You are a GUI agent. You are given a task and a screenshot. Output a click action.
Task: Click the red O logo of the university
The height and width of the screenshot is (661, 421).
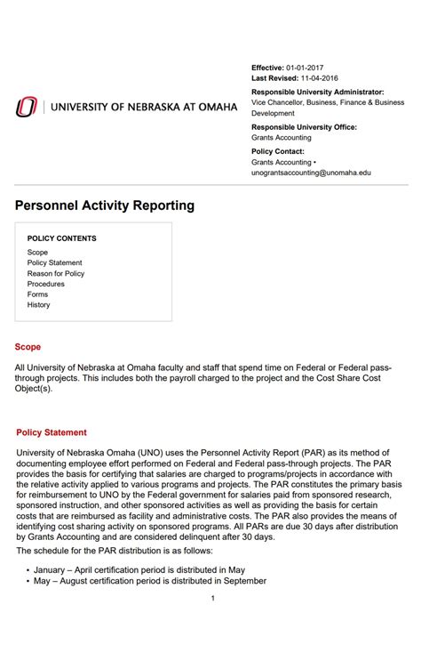pos(27,107)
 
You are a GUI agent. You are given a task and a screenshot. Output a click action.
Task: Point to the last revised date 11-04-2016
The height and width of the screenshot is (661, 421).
pos(324,78)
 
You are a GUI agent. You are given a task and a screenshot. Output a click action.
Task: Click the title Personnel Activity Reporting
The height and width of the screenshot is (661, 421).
pos(105,206)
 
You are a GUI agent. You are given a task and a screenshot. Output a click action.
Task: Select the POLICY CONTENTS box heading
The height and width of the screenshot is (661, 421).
pos(62,238)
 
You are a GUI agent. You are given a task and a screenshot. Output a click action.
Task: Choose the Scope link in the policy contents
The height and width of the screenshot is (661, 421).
pos(37,253)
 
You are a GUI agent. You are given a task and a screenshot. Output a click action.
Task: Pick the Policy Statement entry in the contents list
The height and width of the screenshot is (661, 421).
pos(54,263)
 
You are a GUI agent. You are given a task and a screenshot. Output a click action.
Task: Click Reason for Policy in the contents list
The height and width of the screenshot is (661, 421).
pos(56,274)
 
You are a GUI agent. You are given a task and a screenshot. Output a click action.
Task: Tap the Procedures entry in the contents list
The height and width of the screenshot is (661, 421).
pos(46,284)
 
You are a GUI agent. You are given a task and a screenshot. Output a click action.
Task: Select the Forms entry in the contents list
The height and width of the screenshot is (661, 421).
pos(37,294)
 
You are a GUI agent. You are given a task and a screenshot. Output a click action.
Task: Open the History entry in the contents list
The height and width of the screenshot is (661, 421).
pos(39,305)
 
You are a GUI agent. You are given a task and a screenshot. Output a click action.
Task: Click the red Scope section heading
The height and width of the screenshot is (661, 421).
pos(28,347)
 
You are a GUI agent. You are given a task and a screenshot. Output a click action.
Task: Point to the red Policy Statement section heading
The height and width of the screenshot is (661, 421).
pos(52,432)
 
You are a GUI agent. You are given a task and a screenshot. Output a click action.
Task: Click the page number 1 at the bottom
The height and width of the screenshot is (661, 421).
pos(213,598)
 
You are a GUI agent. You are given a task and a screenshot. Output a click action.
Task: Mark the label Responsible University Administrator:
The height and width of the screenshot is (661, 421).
pos(318,92)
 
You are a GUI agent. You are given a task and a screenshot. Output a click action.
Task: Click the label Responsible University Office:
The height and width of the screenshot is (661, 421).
pos(304,127)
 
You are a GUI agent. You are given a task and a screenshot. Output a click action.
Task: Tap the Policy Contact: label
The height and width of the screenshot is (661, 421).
pos(278,151)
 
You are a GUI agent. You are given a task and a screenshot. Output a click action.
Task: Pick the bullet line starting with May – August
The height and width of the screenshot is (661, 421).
pos(150,581)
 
